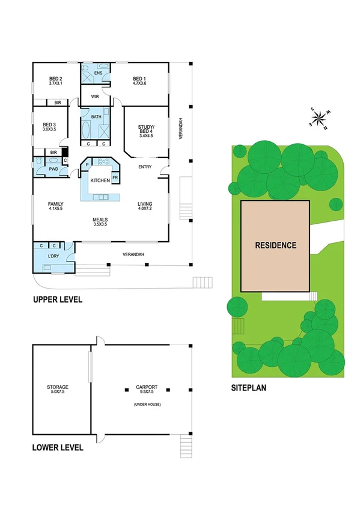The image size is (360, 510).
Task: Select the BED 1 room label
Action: point(139,79)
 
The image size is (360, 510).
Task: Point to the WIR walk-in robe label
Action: point(95,96)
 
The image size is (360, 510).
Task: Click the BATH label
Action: point(96,117)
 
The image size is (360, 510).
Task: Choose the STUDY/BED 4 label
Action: point(146,127)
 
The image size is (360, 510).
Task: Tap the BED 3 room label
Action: point(49,125)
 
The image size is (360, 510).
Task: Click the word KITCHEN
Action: point(100,180)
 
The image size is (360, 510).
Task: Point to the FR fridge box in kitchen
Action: point(114,178)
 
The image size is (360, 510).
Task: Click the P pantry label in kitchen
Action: point(87,164)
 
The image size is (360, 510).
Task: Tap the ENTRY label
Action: point(145,167)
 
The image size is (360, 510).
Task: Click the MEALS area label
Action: point(100,219)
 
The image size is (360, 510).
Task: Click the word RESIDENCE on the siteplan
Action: point(275,245)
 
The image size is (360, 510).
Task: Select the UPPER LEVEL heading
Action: point(58,299)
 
